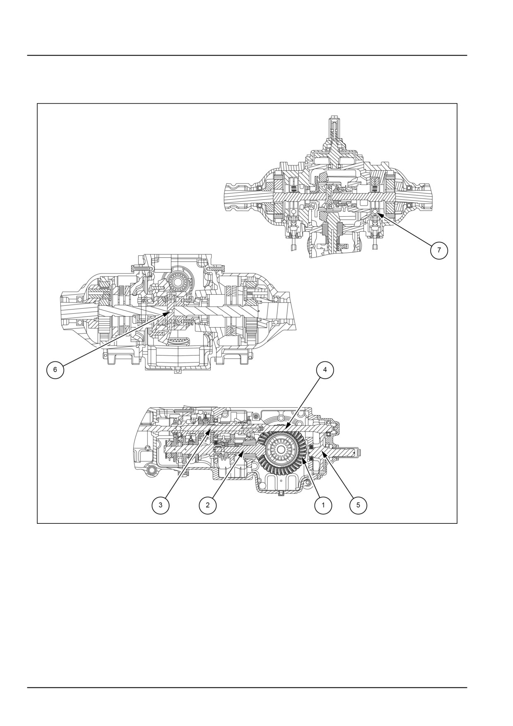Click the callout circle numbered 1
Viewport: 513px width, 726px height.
[x=323, y=505]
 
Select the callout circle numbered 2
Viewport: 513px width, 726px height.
[x=207, y=505]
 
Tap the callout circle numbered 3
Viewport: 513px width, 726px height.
[x=160, y=505]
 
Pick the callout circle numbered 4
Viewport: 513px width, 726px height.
[x=325, y=370]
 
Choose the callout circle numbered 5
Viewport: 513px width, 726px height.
[x=358, y=505]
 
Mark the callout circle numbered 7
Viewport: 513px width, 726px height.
[x=439, y=250]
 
